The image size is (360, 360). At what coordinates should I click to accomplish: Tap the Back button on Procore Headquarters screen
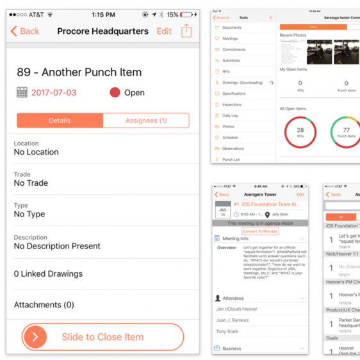[24, 31]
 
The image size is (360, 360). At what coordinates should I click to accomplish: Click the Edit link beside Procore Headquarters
[164, 31]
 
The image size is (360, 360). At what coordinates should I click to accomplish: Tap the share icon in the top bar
[186, 30]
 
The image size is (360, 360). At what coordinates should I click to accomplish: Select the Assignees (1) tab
[145, 120]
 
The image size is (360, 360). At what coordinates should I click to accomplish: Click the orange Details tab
[60, 120]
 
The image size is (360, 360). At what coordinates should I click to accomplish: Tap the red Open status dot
[115, 92]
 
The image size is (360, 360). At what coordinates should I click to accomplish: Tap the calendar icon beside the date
[22, 93]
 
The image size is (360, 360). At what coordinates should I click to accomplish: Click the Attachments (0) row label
[44, 305]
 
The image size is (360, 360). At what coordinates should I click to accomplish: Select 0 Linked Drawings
[48, 274]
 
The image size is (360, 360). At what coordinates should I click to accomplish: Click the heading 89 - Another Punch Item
[79, 72]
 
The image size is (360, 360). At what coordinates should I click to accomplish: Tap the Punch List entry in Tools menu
[231, 159]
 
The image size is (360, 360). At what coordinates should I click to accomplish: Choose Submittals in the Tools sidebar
[231, 61]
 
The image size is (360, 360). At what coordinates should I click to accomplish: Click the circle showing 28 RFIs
[300, 132]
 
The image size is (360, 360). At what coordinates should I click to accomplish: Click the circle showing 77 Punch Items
[346, 132]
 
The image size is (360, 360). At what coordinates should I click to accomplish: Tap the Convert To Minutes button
[260, 231]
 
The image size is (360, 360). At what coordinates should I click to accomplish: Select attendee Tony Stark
[228, 331]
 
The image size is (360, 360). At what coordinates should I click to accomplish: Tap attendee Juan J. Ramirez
[233, 320]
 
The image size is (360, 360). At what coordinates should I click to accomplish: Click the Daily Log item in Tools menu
[230, 115]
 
